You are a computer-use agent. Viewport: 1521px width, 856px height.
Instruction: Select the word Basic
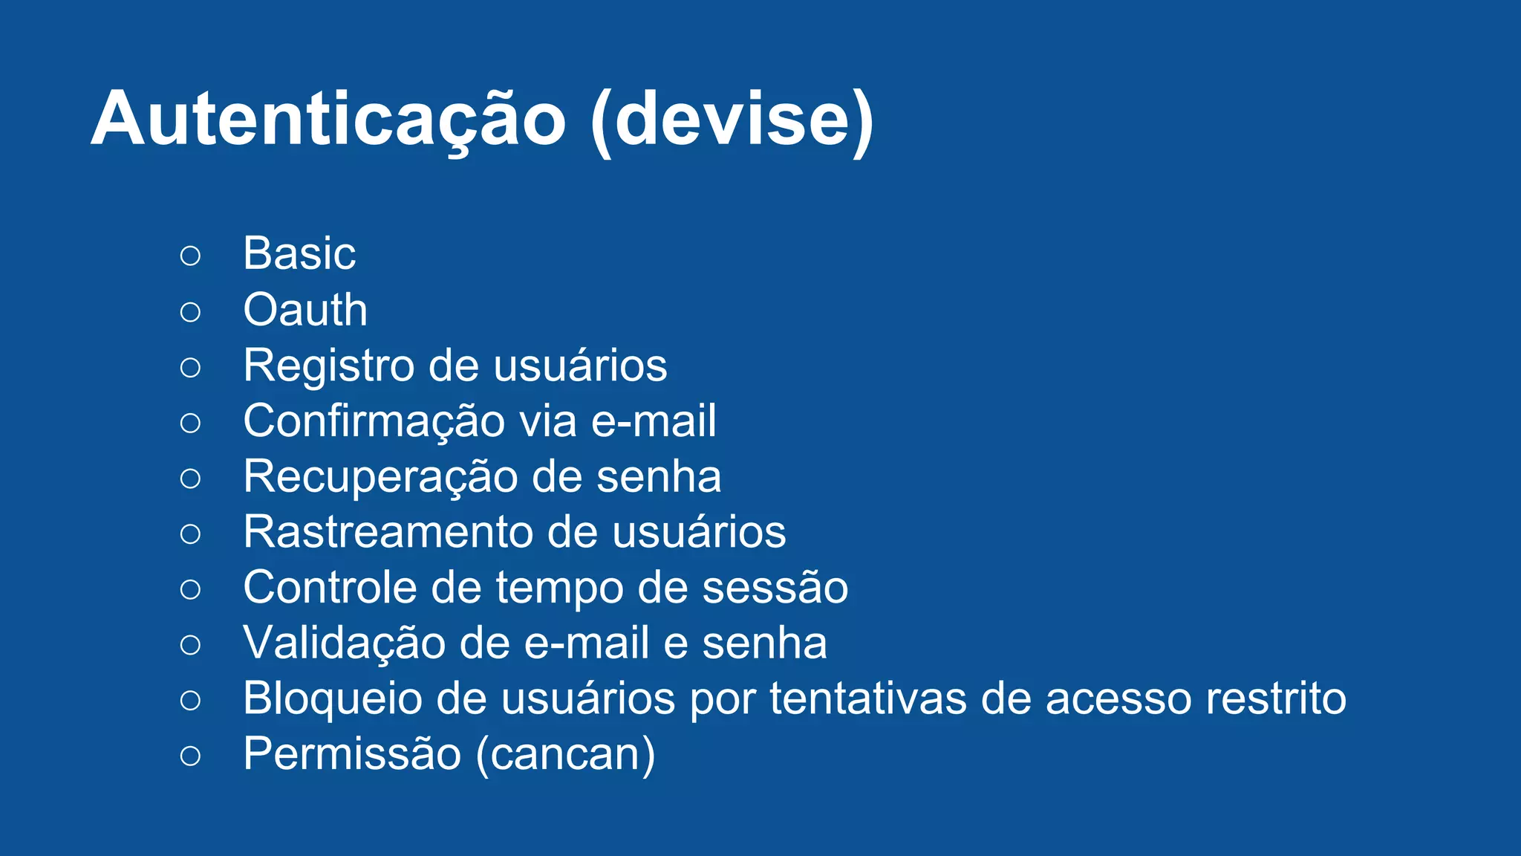299,254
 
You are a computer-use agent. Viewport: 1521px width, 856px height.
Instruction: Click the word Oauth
305,310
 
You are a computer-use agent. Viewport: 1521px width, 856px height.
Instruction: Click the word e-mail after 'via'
654,421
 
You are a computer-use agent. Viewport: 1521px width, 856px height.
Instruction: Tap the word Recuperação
380,477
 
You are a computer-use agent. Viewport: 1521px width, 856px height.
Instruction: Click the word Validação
344,643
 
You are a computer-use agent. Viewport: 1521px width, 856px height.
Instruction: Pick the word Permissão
352,755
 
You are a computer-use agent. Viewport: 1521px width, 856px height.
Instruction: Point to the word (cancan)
565,755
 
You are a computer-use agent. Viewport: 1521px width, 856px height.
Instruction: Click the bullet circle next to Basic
190,256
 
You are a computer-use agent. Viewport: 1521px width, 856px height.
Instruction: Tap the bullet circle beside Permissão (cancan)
190,756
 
